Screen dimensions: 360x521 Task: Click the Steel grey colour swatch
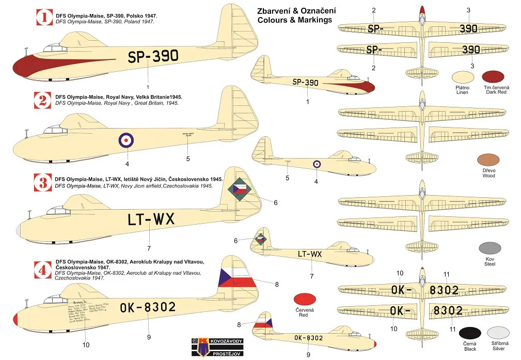pyautogui.click(x=490, y=248)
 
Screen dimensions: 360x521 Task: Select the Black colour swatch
pyautogui.click(x=469, y=334)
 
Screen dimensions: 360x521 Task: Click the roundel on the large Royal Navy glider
pyautogui.click(x=127, y=140)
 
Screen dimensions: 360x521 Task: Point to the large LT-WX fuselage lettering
pyautogui.click(x=151, y=220)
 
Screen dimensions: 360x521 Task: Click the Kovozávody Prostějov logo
pyautogui.click(x=209, y=347)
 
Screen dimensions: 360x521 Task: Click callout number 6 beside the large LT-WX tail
pyautogui.click(x=275, y=202)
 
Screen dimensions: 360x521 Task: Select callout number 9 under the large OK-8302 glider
pyautogui.click(x=149, y=337)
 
